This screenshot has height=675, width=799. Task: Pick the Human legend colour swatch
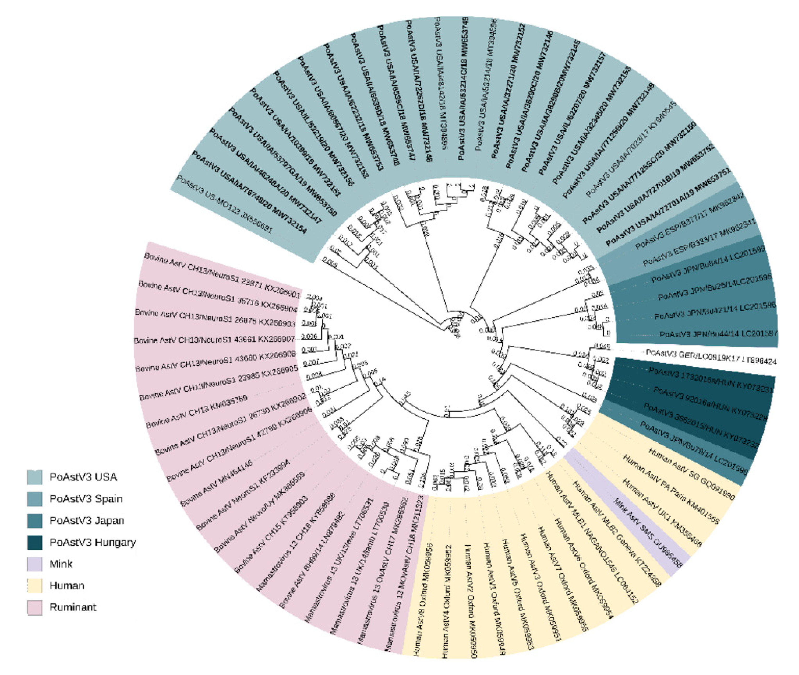coord(34,585)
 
